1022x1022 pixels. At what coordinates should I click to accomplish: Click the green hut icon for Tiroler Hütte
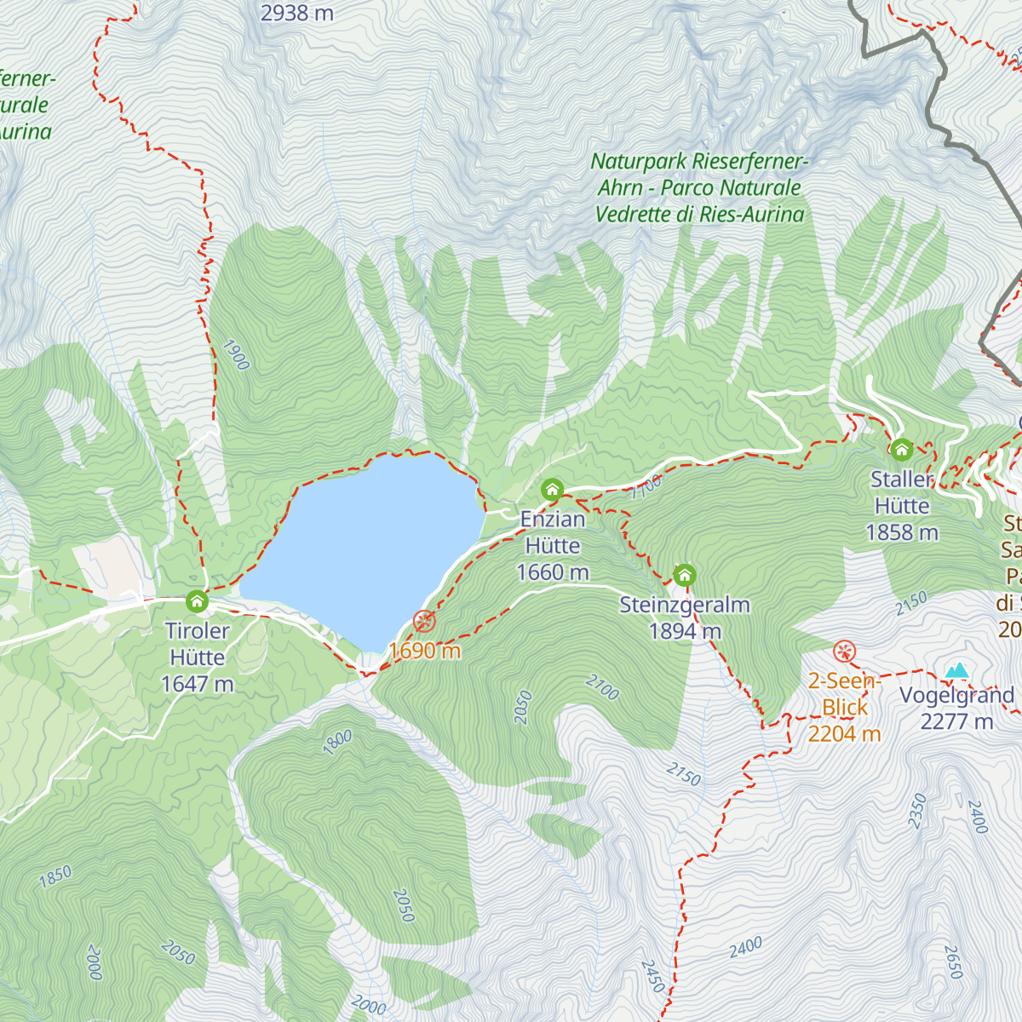pos(197,602)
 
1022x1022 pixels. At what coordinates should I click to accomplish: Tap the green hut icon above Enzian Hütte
pos(552,490)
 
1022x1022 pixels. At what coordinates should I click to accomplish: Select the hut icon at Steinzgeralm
pos(685,575)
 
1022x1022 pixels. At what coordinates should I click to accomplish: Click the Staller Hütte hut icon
pos(902,449)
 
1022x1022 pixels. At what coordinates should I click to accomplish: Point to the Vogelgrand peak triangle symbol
pos(957,670)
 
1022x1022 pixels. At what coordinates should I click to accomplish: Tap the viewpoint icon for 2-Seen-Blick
pos(844,652)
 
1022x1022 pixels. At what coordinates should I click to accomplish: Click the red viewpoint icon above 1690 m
pos(424,622)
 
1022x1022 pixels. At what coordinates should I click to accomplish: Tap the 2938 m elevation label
pos(296,13)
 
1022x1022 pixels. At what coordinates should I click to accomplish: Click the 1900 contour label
pos(235,355)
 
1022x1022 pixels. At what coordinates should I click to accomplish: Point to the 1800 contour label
pos(337,742)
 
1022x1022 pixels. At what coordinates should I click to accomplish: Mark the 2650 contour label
pos(953,962)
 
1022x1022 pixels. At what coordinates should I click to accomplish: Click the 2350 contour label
pos(916,810)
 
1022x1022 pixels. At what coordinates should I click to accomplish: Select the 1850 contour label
pos(55,877)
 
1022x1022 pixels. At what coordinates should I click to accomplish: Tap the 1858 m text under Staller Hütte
pos(902,532)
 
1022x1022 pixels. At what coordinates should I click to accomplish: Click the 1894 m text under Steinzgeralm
pos(685,631)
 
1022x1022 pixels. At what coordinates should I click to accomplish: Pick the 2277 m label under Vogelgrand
pos(956,721)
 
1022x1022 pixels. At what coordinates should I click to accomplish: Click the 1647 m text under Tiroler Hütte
pos(197,684)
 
